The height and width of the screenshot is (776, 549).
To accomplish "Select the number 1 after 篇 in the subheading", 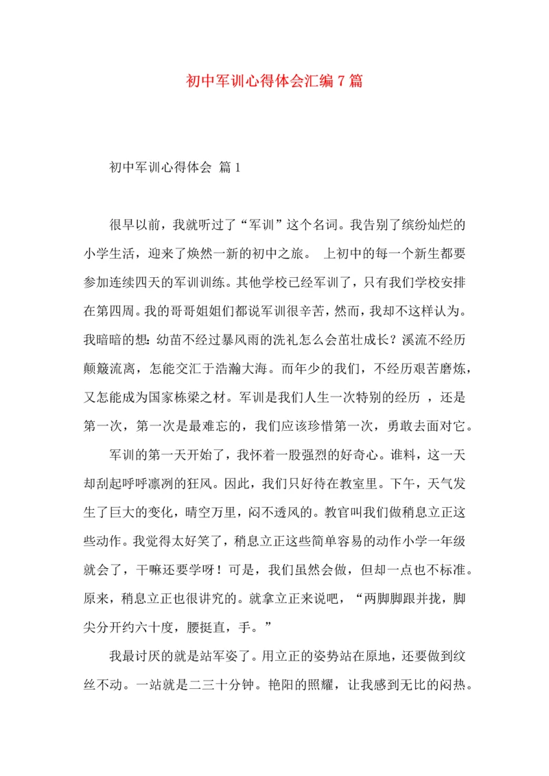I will tap(237, 167).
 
